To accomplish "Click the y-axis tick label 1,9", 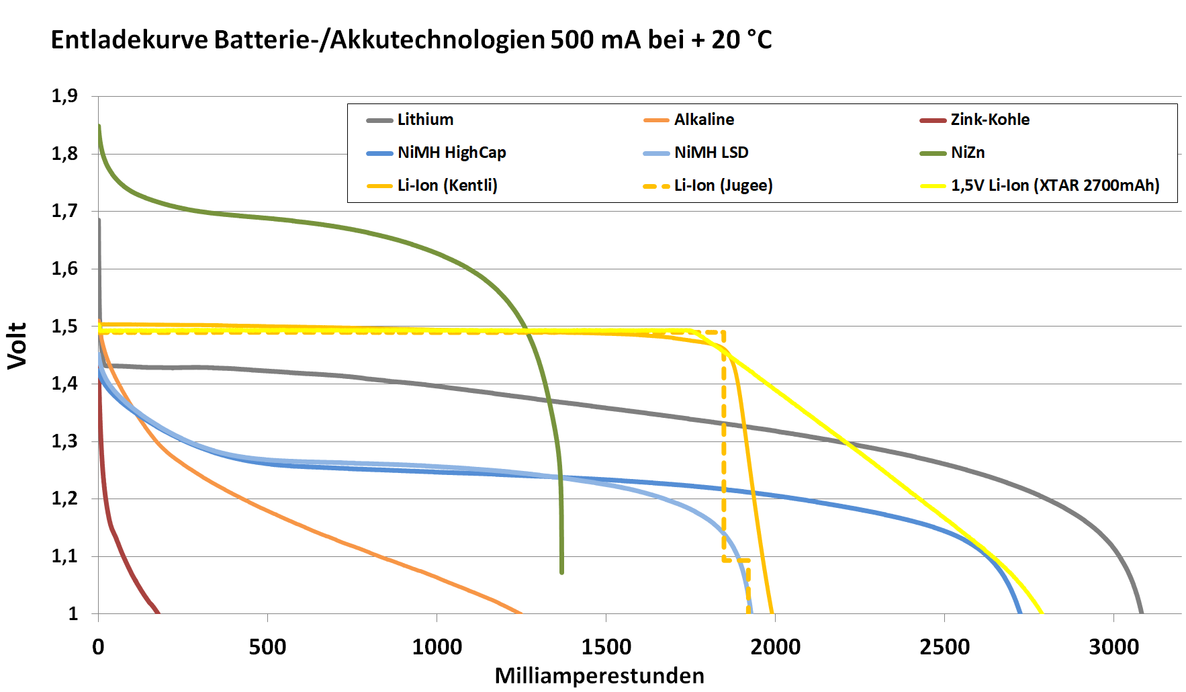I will [64, 96].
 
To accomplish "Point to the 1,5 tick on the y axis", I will [64, 327].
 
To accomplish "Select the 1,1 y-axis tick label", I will [64, 556].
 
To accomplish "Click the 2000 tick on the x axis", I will [775, 647].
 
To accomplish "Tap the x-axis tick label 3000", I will [1113, 647].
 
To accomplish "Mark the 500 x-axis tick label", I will [267, 647].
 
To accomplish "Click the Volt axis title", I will [17, 345].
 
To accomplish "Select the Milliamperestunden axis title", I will [599, 676].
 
